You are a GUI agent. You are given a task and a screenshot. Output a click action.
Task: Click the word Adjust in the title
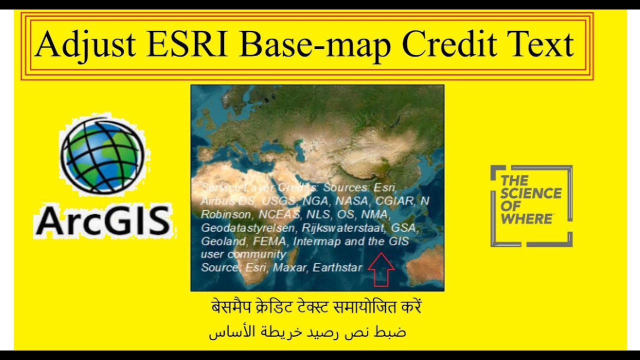[x=85, y=45]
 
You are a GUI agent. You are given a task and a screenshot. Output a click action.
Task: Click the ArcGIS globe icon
[x=102, y=155]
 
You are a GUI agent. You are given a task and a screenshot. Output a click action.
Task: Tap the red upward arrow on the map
[x=381, y=269]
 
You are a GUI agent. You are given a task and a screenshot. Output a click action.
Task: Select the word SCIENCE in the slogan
[x=530, y=193]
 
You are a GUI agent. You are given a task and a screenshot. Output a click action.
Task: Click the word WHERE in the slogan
[x=526, y=218]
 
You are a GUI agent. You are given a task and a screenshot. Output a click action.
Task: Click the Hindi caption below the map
[x=315, y=306]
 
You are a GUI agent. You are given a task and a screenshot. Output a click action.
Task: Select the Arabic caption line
[x=307, y=332]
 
